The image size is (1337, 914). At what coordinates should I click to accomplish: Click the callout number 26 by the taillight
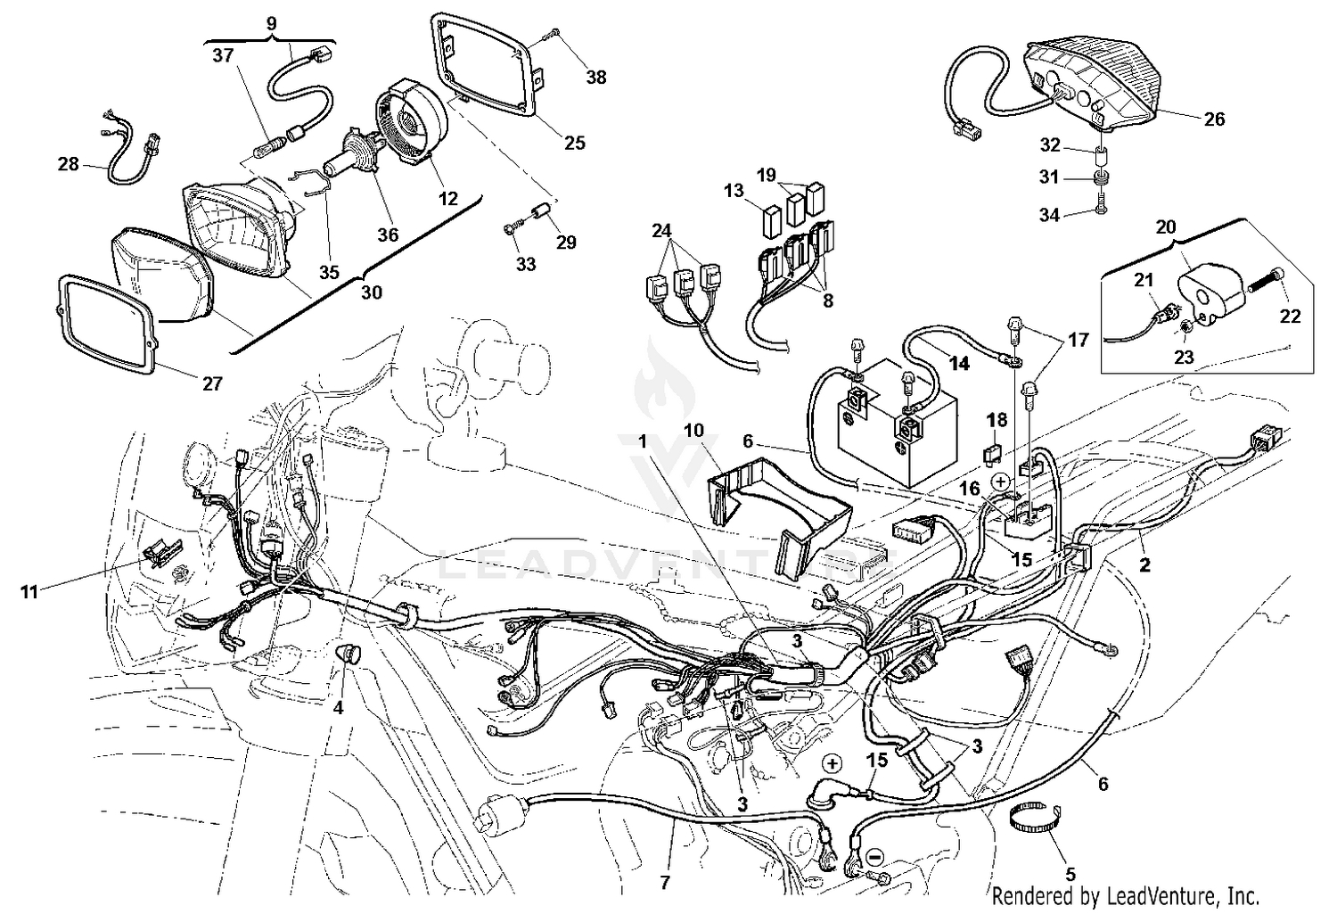click(x=1214, y=119)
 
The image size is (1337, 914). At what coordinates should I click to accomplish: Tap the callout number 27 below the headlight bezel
click(x=211, y=384)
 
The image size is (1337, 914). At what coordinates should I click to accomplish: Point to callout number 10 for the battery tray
click(x=693, y=431)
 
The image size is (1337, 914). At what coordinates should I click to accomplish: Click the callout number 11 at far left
click(x=29, y=591)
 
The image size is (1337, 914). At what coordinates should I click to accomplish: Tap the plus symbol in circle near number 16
click(x=1000, y=482)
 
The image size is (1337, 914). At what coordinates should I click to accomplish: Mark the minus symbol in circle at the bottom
click(x=874, y=856)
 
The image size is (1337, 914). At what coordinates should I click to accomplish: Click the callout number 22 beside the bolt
click(x=1290, y=316)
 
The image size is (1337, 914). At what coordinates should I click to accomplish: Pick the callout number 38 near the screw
click(x=596, y=78)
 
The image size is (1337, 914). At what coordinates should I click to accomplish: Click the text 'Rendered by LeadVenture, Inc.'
click(x=1125, y=895)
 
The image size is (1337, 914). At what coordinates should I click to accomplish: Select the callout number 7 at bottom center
click(x=665, y=884)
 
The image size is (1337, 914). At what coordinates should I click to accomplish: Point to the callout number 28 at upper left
click(x=68, y=165)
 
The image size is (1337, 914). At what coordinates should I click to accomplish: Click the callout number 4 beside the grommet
click(x=338, y=709)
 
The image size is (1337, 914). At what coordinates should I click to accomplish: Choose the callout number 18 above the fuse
click(x=996, y=419)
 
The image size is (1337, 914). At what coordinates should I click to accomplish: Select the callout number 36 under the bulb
click(x=388, y=235)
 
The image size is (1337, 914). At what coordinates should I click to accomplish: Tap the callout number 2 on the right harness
click(x=1144, y=564)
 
